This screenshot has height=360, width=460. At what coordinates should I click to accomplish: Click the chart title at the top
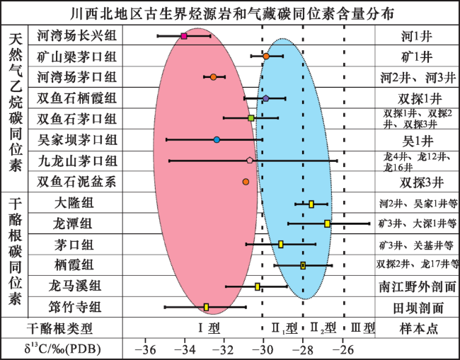coord(229,13)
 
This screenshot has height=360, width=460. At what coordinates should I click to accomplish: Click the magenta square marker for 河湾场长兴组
coord(184,35)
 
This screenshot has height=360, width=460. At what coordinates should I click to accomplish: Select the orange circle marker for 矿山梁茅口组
coord(266,56)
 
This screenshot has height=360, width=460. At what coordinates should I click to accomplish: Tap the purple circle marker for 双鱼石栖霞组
coord(265,98)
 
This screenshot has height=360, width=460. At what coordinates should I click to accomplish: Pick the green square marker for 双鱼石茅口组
coord(251,118)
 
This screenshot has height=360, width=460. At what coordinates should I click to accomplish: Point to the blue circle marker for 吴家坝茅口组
coord(217,140)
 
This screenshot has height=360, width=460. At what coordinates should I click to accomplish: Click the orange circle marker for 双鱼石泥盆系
coord(246,182)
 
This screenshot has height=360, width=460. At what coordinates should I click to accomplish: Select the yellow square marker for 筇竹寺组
coord(206,307)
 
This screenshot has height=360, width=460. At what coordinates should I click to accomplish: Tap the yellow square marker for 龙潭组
coord(327,223)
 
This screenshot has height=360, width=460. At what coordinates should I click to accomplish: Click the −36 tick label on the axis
coord(145,349)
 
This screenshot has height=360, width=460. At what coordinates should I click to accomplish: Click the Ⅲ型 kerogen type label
coord(362,328)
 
